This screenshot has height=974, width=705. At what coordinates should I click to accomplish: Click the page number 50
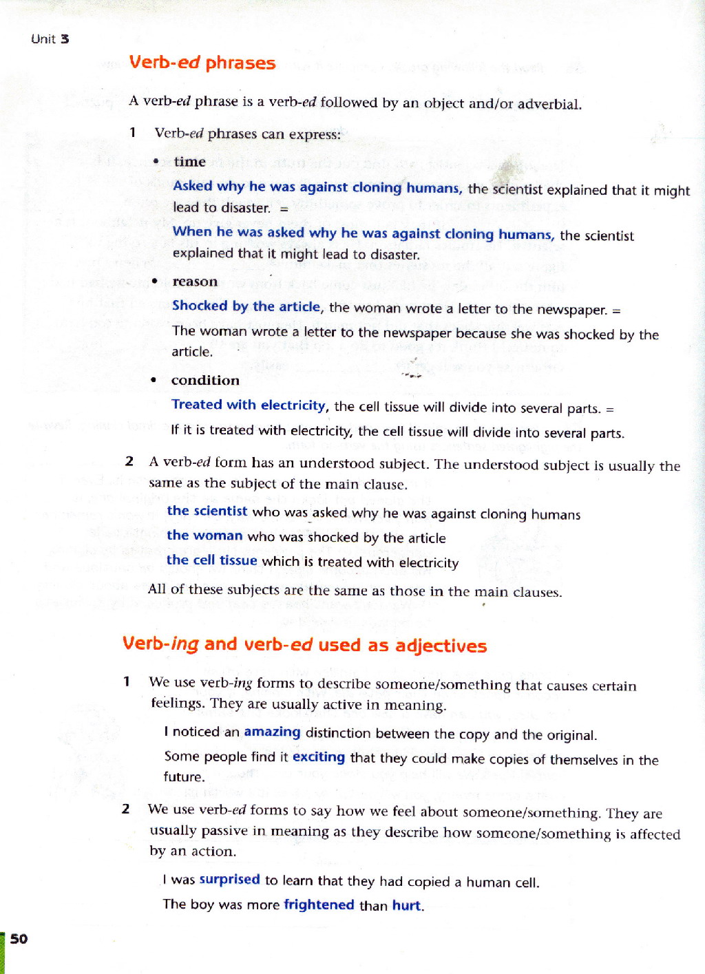(19, 939)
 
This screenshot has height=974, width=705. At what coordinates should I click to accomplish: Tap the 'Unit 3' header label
(50, 39)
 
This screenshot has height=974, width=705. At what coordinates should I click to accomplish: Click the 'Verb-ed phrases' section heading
(202, 63)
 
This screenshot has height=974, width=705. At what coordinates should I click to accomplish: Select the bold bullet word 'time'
(189, 162)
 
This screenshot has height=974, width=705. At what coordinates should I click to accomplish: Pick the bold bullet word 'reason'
(195, 282)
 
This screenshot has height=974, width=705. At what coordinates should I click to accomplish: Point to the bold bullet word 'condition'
(205, 381)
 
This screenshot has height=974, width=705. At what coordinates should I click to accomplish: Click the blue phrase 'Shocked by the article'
(246, 306)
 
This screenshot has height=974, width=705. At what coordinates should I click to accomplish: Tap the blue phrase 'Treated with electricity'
(249, 405)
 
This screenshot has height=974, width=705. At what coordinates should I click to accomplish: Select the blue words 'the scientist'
(207, 511)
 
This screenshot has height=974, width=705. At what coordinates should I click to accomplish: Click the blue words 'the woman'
(204, 536)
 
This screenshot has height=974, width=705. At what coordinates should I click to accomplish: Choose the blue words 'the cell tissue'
(211, 560)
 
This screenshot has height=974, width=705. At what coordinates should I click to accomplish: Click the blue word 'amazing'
(272, 732)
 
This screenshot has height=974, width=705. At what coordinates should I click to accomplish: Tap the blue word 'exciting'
(319, 757)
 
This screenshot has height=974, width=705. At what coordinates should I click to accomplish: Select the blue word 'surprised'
(229, 879)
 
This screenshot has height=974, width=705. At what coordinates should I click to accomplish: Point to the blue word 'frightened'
(319, 904)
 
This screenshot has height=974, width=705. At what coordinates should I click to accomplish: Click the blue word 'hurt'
(406, 905)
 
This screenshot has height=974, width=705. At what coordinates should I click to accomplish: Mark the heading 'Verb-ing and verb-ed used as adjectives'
(304, 645)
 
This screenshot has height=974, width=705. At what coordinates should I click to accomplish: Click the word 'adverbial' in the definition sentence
(549, 105)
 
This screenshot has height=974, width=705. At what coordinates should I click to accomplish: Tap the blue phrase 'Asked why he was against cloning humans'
(317, 187)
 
